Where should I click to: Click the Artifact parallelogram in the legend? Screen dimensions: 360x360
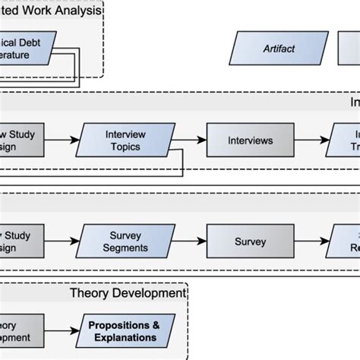278,49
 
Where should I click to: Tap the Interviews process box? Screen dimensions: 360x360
250,141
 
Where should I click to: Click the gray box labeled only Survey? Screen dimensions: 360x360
250,242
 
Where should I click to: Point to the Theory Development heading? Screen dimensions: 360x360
128,292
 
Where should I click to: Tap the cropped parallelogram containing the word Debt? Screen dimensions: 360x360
27,49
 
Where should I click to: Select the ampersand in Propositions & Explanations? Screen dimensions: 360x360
156,325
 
